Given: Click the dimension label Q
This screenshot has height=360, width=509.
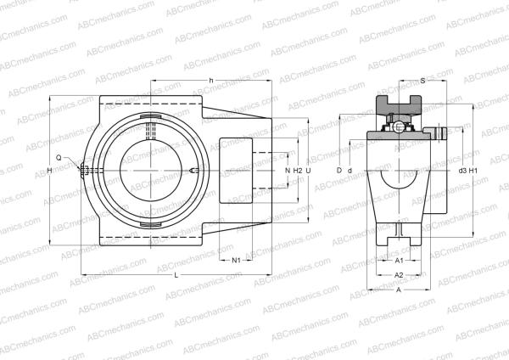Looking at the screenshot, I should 59,158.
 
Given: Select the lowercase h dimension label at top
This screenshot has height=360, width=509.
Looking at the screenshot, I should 210,81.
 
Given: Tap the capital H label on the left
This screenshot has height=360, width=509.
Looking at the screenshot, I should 50,172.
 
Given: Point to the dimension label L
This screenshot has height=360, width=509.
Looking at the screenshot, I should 176,277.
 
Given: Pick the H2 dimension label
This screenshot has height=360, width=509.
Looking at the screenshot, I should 297,172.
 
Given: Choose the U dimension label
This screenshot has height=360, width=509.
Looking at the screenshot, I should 309,172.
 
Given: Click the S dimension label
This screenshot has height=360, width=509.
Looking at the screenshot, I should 423,81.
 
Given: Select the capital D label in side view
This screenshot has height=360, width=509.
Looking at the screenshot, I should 338,172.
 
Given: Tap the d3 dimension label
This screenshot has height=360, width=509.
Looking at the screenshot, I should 461,172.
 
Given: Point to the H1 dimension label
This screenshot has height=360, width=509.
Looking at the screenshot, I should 474,172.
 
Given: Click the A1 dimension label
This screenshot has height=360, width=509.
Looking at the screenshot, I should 400,261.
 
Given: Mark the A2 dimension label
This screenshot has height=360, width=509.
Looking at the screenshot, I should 400,276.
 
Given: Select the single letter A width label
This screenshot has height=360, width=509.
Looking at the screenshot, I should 399,290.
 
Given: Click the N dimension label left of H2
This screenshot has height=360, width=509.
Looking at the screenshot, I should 288,172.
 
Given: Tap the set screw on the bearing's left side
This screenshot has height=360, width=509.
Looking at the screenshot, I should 85,171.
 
